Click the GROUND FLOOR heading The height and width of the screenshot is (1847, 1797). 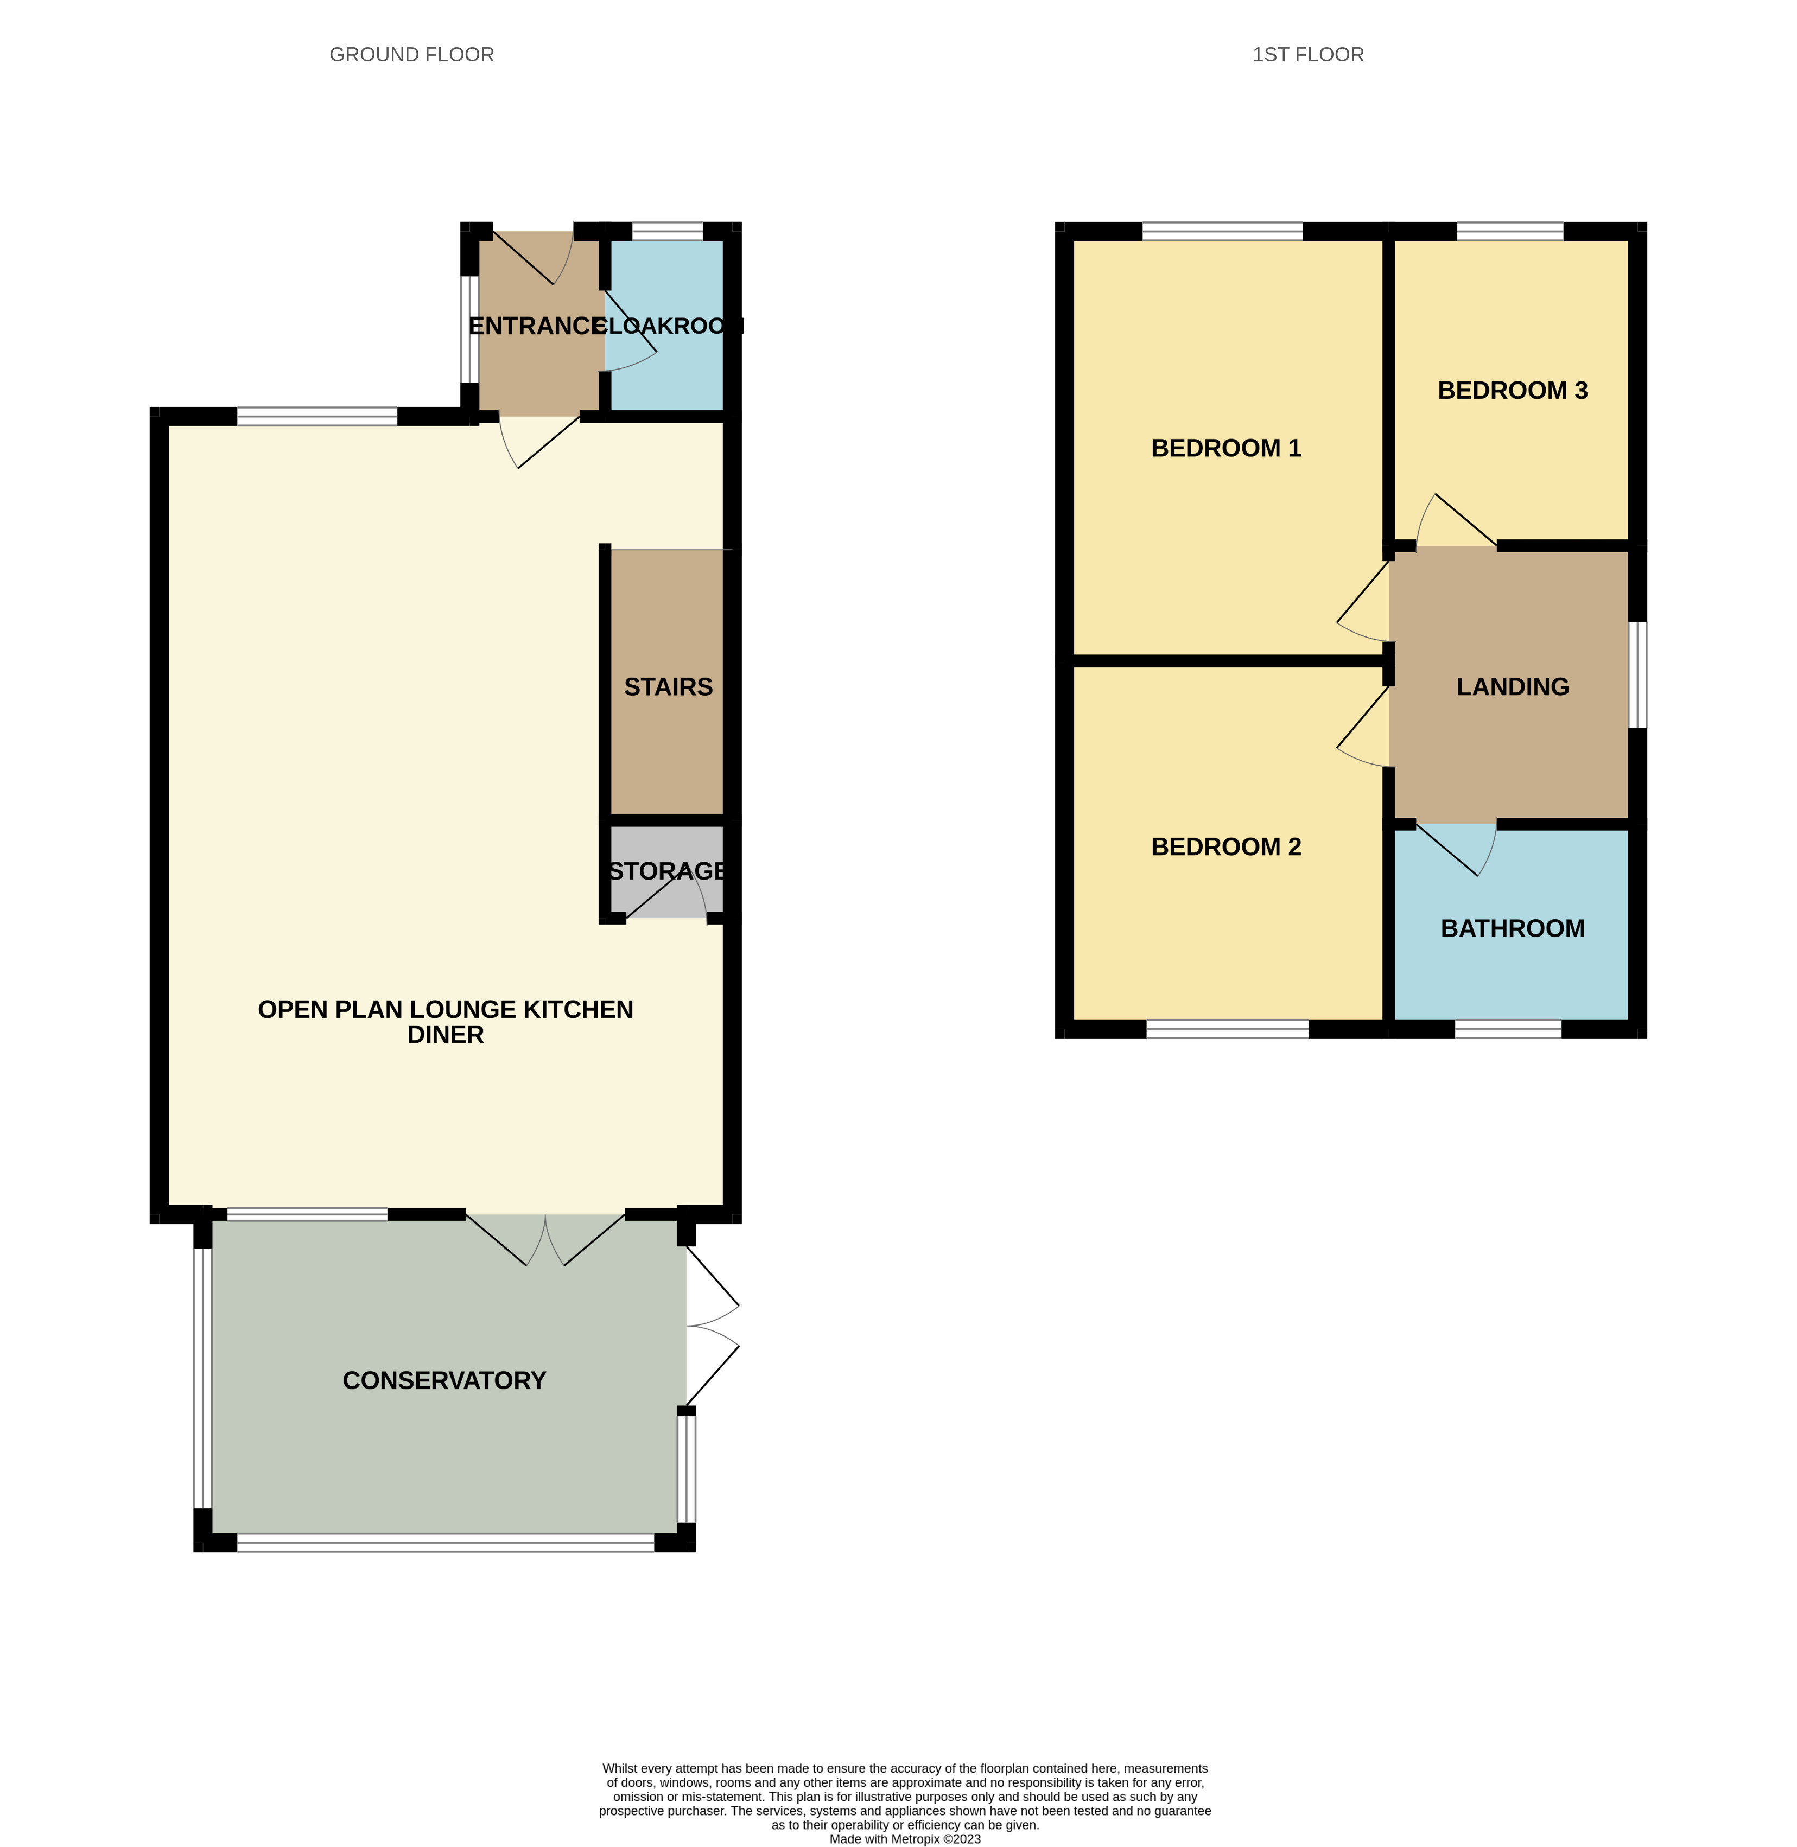point(411,55)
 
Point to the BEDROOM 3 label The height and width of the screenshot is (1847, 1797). point(1512,391)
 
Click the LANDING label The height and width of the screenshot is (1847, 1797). point(1512,687)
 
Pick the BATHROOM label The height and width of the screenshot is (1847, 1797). point(1512,929)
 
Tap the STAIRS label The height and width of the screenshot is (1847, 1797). point(668,687)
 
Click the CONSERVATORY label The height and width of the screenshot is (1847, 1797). point(443,1381)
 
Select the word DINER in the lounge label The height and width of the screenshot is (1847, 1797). point(446,1035)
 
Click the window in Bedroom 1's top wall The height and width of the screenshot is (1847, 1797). point(1222,231)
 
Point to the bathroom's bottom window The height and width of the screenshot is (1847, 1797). point(1507,1029)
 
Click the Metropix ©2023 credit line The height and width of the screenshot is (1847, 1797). point(904,1838)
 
